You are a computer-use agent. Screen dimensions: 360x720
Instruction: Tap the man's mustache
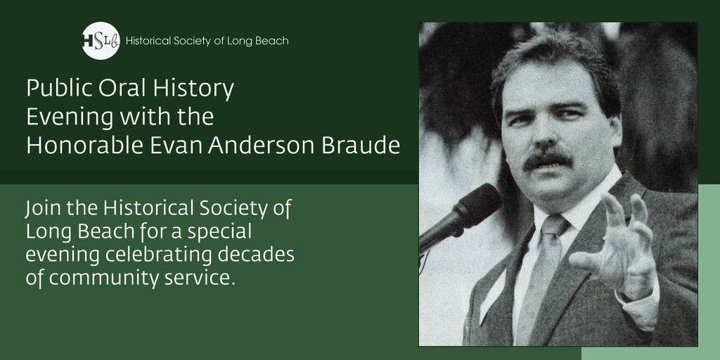547,160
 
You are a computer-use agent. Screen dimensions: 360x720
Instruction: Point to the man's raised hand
619,243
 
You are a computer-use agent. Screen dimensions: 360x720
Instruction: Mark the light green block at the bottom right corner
709,281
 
